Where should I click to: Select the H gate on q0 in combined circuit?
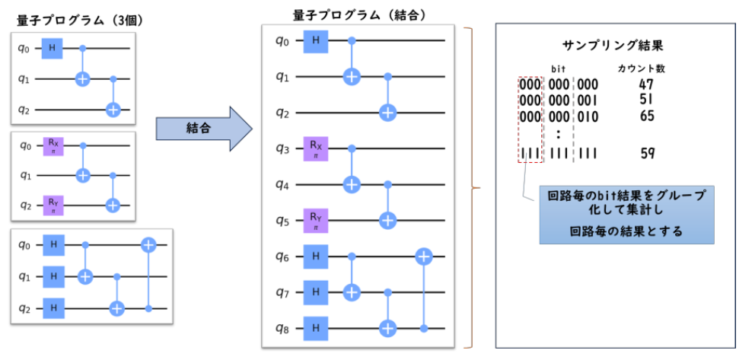click(x=314, y=41)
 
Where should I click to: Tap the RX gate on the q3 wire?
click(x=314, y=149)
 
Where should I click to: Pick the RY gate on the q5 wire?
click(x=314, y=220)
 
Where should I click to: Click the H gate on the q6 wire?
click(x=314, y=256)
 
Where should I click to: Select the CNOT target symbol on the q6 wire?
click(x=424, y=256)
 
